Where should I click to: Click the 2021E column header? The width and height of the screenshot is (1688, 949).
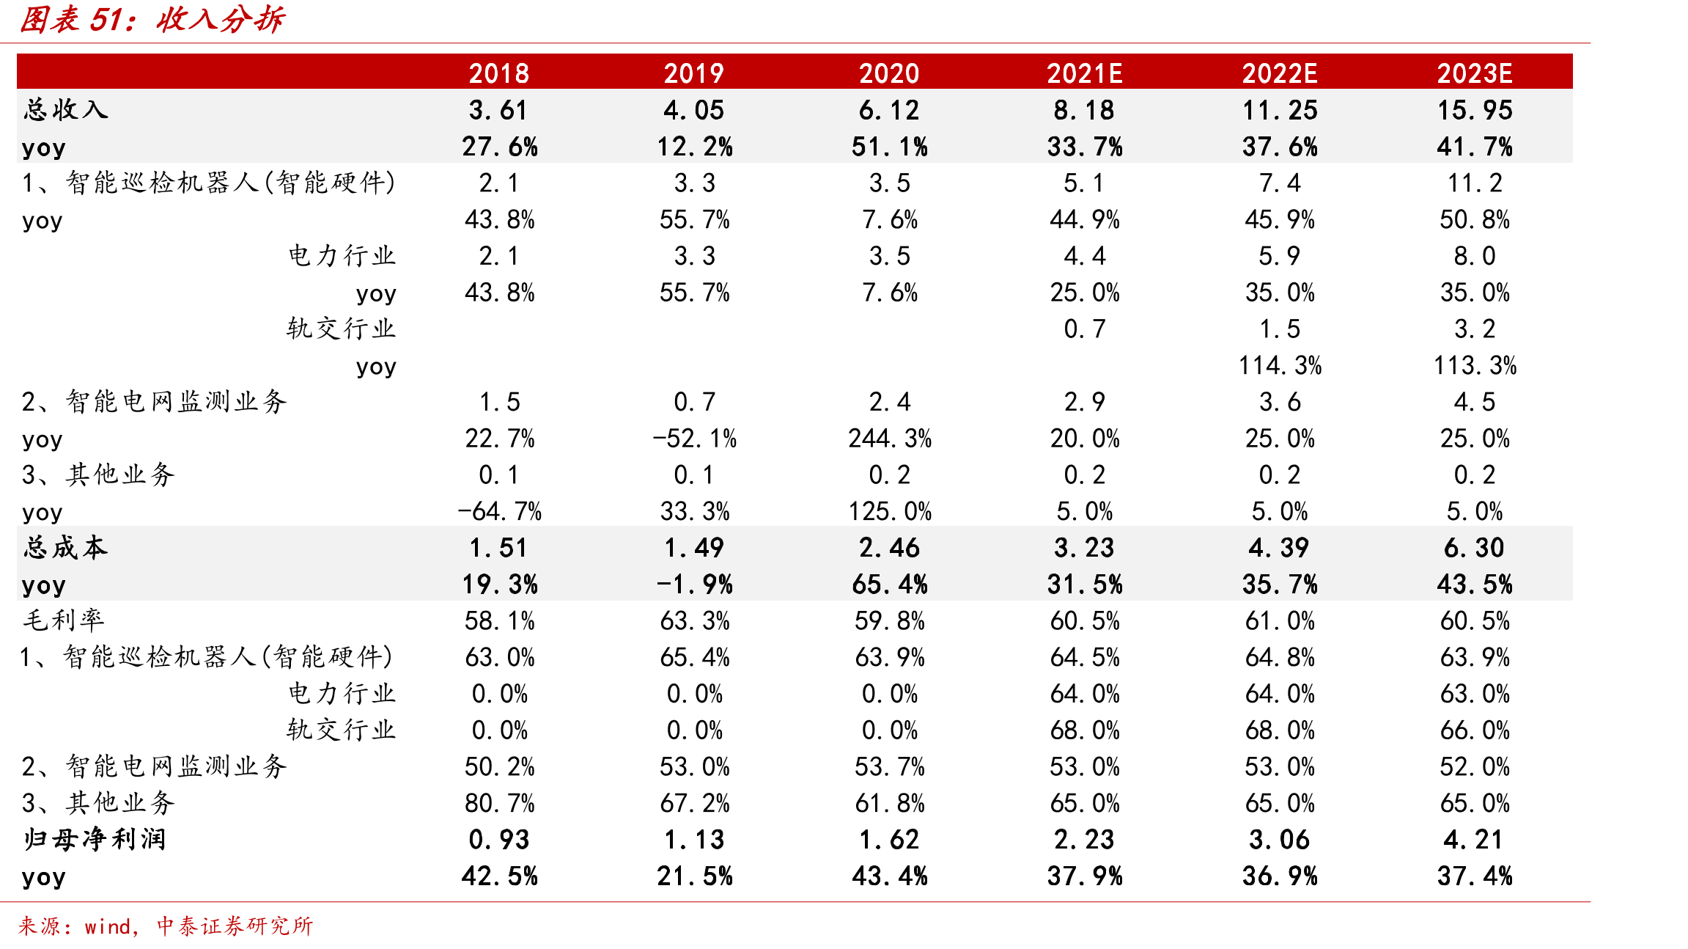tap(1084, 73)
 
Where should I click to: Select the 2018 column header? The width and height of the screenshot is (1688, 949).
tap(499, 73)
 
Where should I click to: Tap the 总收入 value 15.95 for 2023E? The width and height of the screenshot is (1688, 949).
tap(1475, 110)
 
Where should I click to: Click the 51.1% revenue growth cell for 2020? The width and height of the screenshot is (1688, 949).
tap(889, 147)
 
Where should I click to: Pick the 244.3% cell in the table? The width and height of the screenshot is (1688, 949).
tap(890, 439)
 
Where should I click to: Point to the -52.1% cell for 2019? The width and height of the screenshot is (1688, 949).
tap(694, 439)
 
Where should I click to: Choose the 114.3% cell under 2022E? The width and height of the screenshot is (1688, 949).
tap(1280, 365)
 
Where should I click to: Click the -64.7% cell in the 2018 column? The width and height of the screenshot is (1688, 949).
tap(499, 511)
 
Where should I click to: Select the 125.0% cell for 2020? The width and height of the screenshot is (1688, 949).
tap(890, 511)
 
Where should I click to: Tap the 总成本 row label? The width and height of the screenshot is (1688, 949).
tap(65, 548)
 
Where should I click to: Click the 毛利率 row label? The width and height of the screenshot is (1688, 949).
tap(64, 620)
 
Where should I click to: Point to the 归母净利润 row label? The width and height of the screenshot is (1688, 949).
tap(95, 839)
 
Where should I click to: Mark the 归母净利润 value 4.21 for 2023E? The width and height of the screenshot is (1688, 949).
tap(1475, 839)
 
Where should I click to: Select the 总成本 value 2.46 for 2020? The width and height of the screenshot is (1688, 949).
tap(889, 548)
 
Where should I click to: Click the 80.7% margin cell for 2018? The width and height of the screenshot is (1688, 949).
tap(499, 803)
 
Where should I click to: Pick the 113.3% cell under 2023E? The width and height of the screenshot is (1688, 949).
tap(1475, 365)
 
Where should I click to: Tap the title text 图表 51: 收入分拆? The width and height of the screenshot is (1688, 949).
tap(152, 20)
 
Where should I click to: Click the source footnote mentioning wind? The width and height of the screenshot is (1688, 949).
tap(166, 926)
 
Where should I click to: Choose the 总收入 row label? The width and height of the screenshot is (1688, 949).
tap(65, 110)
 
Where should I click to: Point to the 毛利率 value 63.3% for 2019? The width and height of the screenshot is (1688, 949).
tap(694, 620)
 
